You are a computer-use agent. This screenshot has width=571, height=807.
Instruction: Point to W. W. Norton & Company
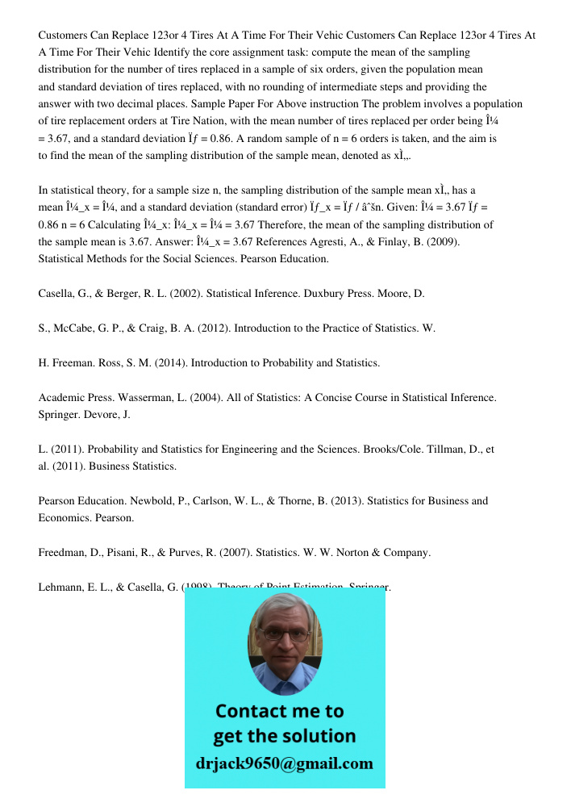[376, 553]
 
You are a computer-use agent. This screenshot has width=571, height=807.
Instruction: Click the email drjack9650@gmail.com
[285, 763]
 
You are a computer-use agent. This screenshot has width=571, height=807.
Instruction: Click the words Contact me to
[279, 711]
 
